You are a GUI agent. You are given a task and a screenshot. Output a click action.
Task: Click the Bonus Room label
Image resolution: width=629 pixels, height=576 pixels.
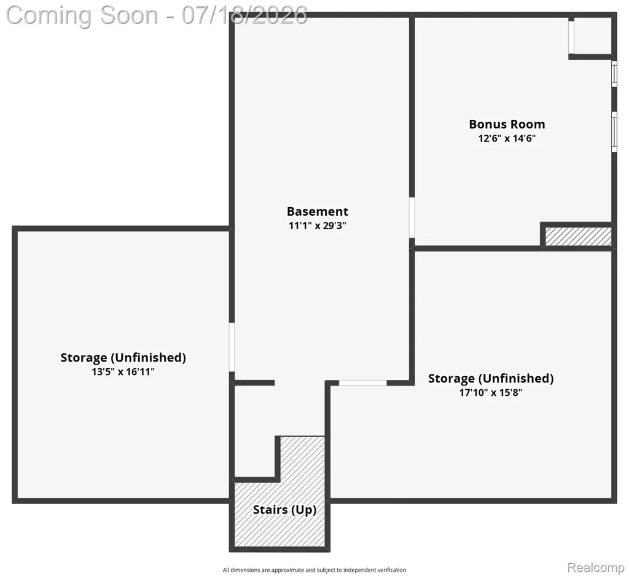point(507,124)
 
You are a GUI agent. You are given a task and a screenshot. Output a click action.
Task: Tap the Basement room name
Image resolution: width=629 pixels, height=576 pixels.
point(318,211)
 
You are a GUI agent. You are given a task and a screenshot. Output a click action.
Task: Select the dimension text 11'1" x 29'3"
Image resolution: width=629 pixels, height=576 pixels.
point(318,226)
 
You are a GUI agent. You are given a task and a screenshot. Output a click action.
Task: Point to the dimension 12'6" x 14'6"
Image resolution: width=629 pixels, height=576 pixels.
point(507,138)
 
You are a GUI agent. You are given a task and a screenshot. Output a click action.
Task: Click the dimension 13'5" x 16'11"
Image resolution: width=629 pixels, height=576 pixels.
point(123,372)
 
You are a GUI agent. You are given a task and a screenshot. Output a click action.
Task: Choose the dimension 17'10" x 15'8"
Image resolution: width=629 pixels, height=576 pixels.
point(491,393)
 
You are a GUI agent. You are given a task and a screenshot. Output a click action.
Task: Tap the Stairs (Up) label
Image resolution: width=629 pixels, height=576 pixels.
point(284,510)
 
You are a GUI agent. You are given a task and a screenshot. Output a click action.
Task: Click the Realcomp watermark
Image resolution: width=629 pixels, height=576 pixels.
point(596,567)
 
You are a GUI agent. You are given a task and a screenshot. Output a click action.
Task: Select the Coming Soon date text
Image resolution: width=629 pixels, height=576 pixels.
point(157,15)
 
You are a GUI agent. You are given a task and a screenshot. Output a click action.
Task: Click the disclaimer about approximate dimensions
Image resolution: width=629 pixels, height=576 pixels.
point(314,570)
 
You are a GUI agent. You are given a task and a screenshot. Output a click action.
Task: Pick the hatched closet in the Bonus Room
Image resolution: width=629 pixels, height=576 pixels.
point(578,237)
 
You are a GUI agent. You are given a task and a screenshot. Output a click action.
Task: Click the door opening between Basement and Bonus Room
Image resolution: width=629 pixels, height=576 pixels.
point(412,218)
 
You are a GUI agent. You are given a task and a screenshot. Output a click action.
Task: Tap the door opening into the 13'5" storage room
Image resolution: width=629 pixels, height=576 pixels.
point(232,347)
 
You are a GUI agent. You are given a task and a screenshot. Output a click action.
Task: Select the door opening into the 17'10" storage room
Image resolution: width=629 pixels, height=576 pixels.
point(362,383)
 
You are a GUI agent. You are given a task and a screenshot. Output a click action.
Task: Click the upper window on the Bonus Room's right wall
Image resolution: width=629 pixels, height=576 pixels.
point(614,73)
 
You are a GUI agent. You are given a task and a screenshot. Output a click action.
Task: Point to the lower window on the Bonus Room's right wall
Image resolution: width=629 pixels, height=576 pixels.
point(614,132)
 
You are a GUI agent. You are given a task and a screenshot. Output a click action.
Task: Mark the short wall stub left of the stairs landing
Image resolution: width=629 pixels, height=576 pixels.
point(254,383)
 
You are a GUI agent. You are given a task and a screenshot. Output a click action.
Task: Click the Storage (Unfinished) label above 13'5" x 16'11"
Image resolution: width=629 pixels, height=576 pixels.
point(123,358)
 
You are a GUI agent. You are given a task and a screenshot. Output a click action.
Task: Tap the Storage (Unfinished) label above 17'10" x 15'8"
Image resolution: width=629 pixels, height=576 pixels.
point(491,379)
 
